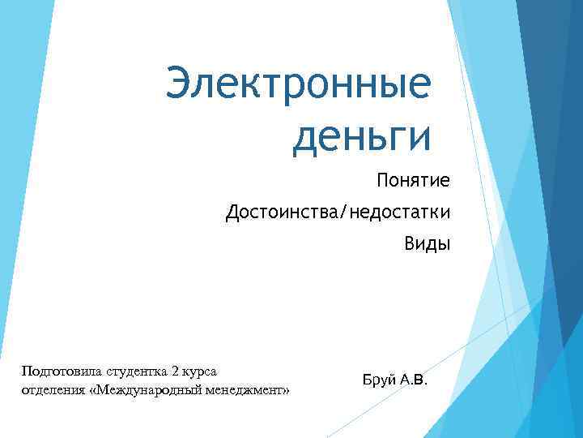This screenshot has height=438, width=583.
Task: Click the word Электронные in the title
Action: pyautogui.click(x=298, y=87)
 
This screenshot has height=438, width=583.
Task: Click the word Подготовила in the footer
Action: pyautogui.click(x=57, y=371)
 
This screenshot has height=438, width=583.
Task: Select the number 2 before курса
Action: pyautogui.click(x=175, y=371)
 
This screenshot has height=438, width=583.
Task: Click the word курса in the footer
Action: pyautogui.click(x=199, y=371)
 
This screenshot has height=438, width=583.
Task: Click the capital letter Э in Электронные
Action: pyautogui.click(x=180, y=87)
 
